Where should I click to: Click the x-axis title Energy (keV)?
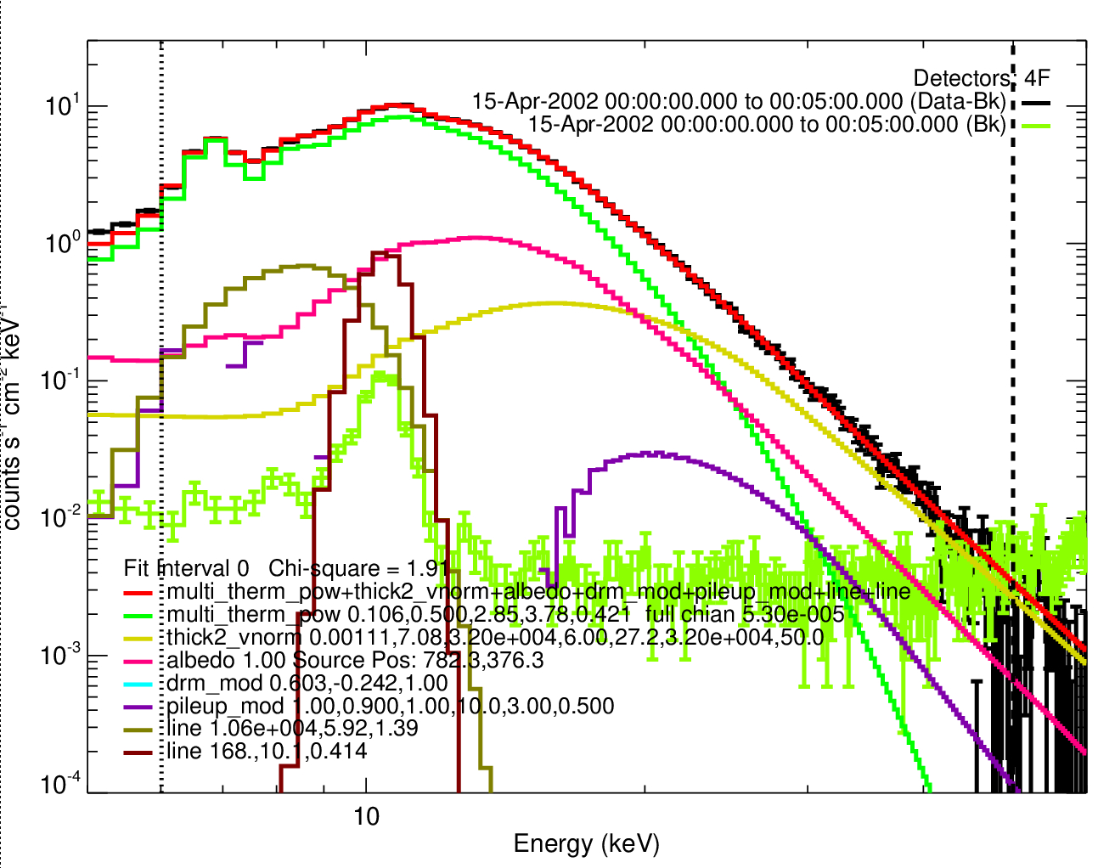click(586, 843)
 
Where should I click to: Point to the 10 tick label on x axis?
click(366, 816)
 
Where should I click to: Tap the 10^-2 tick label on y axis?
click(61, 518)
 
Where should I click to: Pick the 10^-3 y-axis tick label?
click(61, 656)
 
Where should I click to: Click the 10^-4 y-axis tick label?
click(61, 784)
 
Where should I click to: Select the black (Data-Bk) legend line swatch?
click(1037, 102)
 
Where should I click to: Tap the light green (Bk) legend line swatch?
click(1037, 125)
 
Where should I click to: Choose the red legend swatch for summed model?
click(138, 593)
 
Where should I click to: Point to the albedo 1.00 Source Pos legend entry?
click(355, 660)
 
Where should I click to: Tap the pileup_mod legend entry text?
click(390, 706)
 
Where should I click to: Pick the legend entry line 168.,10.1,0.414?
click(267, 751)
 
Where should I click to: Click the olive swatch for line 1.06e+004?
click(138, 730)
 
